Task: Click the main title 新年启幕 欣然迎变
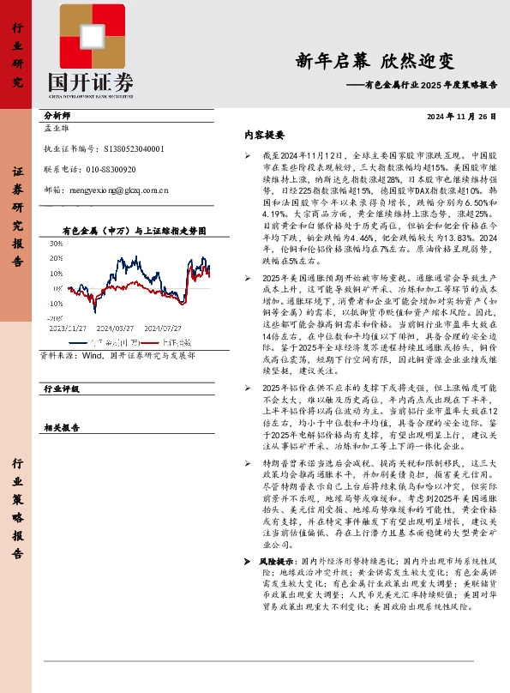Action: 375,61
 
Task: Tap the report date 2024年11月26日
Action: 461,116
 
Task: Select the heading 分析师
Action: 57,115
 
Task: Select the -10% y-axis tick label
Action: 55,303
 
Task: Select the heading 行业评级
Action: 60,389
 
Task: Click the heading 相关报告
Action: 60,426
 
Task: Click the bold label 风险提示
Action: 278,560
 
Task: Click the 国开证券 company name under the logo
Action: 90,82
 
